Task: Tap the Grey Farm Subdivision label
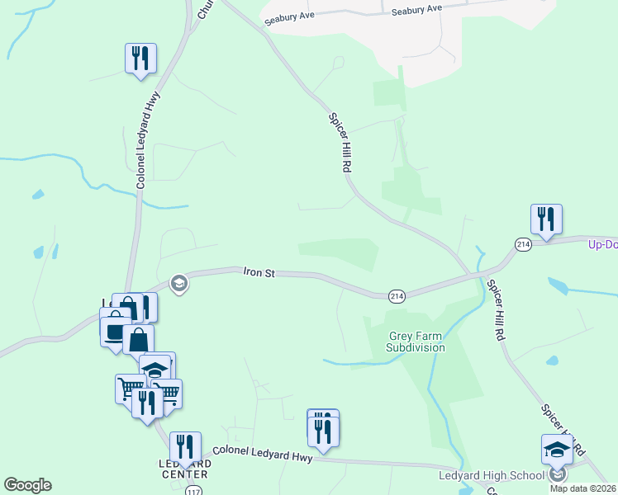click(x=417, y=342)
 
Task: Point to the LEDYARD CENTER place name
click(x=183, y=469)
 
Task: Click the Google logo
click(x=27, y=485)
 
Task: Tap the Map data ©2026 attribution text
click(x=582, y=488)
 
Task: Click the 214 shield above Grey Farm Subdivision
click(x=397, y=295)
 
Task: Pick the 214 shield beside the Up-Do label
click(x=522, y=244)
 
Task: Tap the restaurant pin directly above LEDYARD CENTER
click(x=185, y=447)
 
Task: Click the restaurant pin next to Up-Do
click(x=546, y=219)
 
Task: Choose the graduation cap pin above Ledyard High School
click(x=557, y=450)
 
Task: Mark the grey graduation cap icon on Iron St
click(x=178, y=285)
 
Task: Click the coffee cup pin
click(x=115, y=328)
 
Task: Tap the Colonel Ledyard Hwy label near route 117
click(x=262, y=454)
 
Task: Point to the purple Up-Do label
click(x=603, y=245)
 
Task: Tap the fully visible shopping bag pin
click(x=139, y=339)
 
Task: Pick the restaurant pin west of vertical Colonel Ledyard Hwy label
click(x=140, y=59)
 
